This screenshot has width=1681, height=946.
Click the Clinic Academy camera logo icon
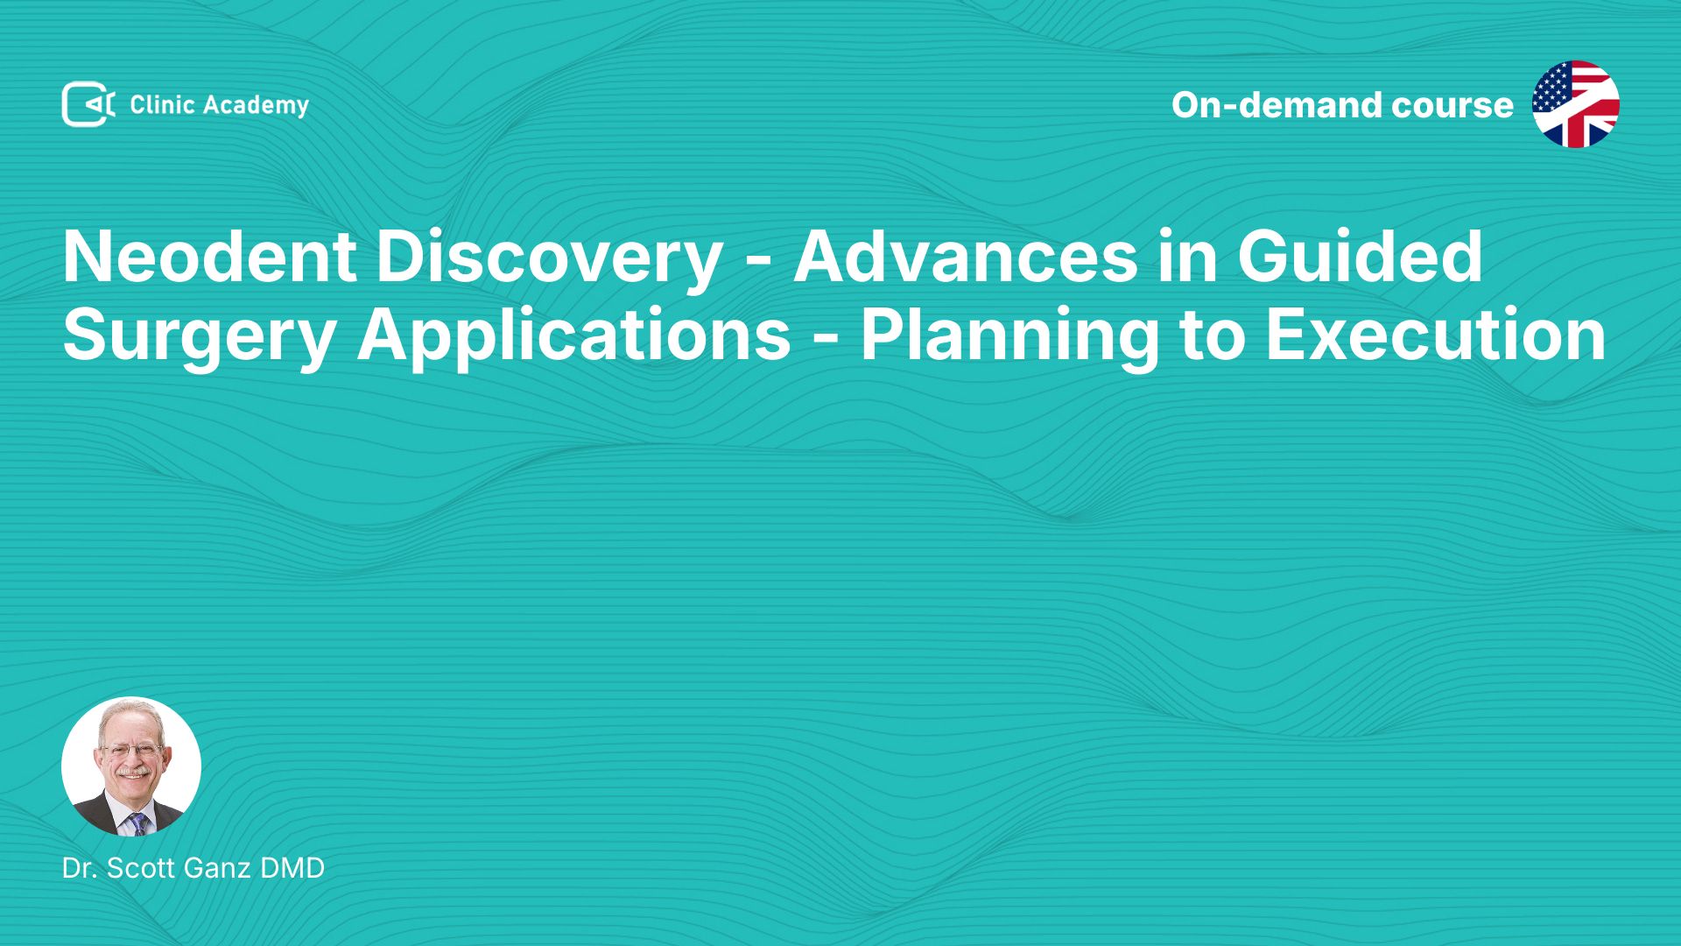[88, 104]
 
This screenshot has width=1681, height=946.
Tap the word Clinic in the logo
[162, 105]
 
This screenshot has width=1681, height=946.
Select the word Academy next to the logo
[256, 106]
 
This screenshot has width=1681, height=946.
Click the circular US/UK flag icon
[1576, 104]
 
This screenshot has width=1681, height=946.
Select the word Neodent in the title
[209, 257]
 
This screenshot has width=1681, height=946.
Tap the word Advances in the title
[964, 257]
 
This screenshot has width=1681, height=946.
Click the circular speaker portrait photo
[131, 766]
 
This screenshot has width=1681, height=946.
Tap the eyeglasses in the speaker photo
[132, 751]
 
